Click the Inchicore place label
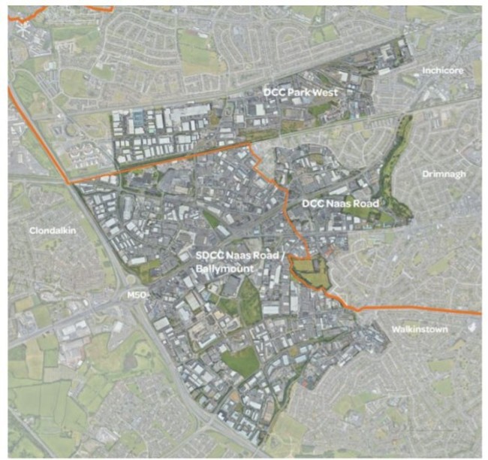coord(443,70)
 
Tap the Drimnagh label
coord(445,173)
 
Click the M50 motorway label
coord(136,294)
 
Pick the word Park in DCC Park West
coord(303,92)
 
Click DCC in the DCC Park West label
coord(274,92)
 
